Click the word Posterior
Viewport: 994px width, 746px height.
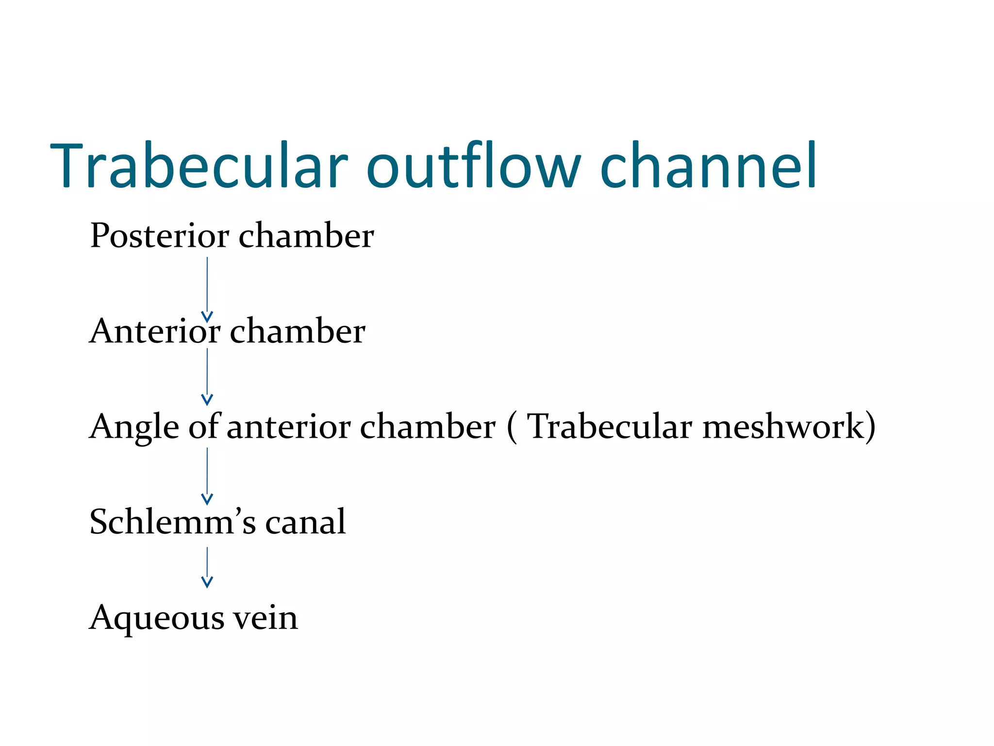pos(160,236)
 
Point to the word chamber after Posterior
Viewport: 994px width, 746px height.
pos(306,236)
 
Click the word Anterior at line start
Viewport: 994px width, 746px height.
pos(155,331)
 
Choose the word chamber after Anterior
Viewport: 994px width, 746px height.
pos(298,331)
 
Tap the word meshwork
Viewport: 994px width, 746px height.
pos(783,426)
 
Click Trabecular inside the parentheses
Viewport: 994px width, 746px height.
pos(610,426)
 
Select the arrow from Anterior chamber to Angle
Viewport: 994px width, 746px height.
pos(207,377)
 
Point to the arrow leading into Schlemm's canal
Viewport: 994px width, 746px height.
pos(207,476)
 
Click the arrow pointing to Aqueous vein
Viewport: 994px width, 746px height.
pos(207,568)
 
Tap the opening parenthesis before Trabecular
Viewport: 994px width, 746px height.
pos(512,427)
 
